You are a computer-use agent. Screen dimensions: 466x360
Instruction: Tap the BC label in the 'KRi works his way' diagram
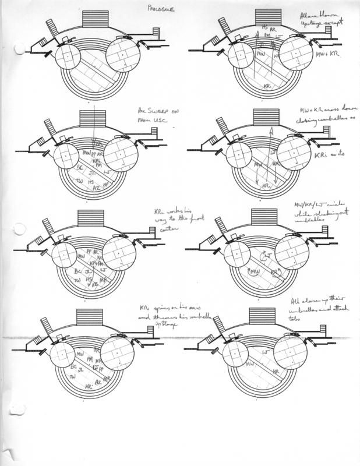click(x=75, y=271)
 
